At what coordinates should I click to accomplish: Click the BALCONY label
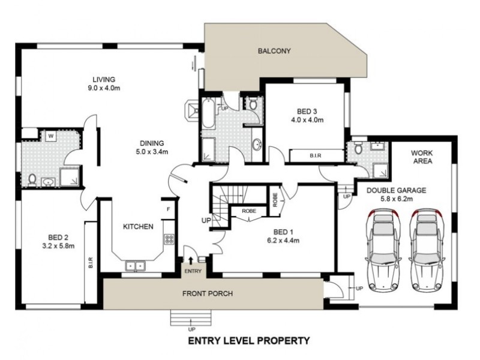(274, 51)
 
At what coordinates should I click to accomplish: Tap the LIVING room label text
(103, 79)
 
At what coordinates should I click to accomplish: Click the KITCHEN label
(138, 226)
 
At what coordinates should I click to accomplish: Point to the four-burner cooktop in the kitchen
(169, 239)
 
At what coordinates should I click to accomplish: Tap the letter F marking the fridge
(169, 209)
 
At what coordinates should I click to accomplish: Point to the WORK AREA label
(422, 157)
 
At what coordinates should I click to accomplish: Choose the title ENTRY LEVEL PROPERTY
(249, 341)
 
